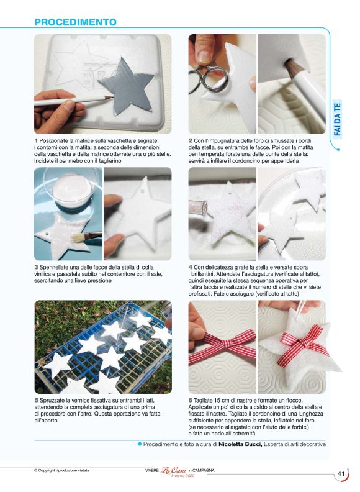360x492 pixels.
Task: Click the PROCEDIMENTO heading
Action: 75,22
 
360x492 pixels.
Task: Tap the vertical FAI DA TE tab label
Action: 337,119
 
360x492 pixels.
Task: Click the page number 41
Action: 341,474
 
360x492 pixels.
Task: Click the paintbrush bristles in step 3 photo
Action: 76,237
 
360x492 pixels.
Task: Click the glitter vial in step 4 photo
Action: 198,207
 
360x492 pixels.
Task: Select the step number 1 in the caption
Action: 36,141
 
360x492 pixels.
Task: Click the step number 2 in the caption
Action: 191,141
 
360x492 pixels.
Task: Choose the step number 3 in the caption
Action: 36,267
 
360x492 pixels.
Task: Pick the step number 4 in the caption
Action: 191,267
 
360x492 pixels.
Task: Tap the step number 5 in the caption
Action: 36,401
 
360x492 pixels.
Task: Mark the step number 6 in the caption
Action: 191,401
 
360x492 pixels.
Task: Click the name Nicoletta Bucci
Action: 240,444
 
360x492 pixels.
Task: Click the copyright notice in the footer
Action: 61,470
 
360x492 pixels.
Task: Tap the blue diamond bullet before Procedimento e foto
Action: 140,444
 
